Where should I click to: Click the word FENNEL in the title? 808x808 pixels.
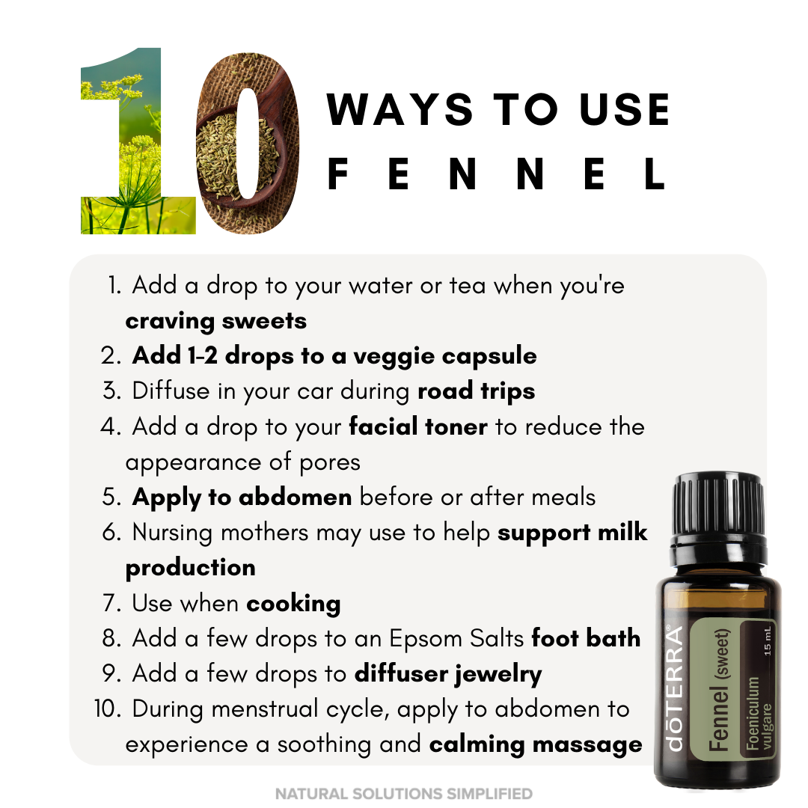[x=497, y=174]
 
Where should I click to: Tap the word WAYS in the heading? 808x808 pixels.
[x=400, y=109]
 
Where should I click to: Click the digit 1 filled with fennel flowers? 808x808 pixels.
[x=138, y=141]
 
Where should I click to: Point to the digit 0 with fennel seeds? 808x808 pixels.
[x=248, y=143]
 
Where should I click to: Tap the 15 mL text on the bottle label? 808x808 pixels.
[x=768, y=641]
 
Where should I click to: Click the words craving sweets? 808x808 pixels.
[x=216, y=322]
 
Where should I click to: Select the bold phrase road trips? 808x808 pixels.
[x=476, y=391]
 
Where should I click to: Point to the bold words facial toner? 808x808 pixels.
[x=418, y=426]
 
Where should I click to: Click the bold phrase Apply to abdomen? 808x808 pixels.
[x=242, y=498]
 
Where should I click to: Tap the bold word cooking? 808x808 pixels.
[x=294, y=604]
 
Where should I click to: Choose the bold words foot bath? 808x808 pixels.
[x=586, y=638]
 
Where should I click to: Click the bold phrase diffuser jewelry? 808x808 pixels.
[x=448, y=674]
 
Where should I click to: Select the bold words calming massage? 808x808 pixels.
[x=536, y=744]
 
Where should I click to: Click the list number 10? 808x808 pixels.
[x=107, y=709]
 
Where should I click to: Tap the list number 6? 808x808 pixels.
[x=111, y=533]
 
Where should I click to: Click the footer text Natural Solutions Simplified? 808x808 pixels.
[x=403, y=793]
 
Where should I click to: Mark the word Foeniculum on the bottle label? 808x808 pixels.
[x=753, y=714]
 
